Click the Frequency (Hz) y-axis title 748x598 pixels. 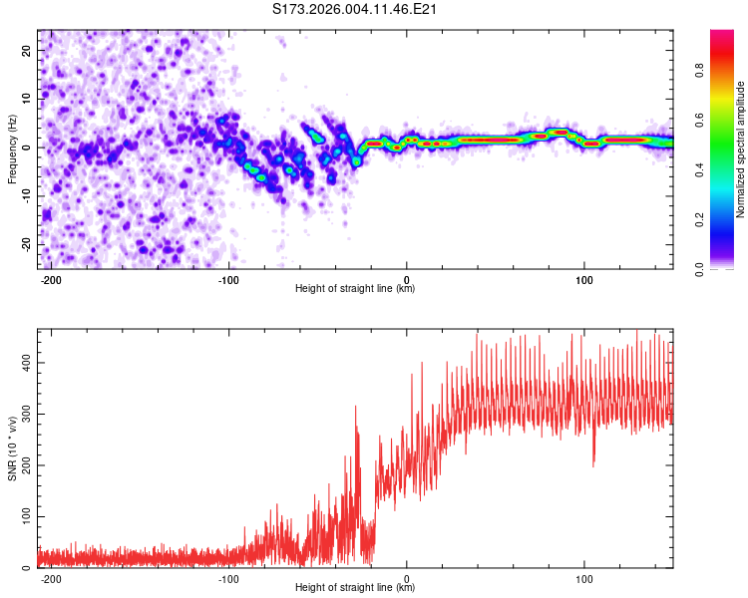click(x=13, y=149)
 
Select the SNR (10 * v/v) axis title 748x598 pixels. click(x=13, y=448)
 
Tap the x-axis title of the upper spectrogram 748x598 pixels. click(x=355, y=289)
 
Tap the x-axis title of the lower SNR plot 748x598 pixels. click(x=355, y=588)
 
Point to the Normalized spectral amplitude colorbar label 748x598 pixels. click(x=740, y=149)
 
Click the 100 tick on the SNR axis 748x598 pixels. click(x=25, y=517)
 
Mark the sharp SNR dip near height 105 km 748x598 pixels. click(x=593, y=462)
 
